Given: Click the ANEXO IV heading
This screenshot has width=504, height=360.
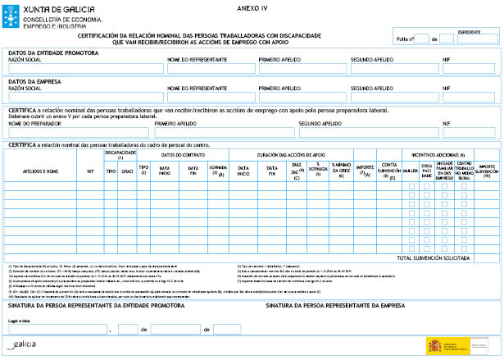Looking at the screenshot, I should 252,6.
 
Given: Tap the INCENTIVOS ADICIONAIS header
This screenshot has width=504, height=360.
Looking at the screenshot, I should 438,154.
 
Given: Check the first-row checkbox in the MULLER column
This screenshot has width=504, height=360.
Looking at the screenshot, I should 411,186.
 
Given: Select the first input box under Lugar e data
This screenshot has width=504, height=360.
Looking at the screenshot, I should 57,329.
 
